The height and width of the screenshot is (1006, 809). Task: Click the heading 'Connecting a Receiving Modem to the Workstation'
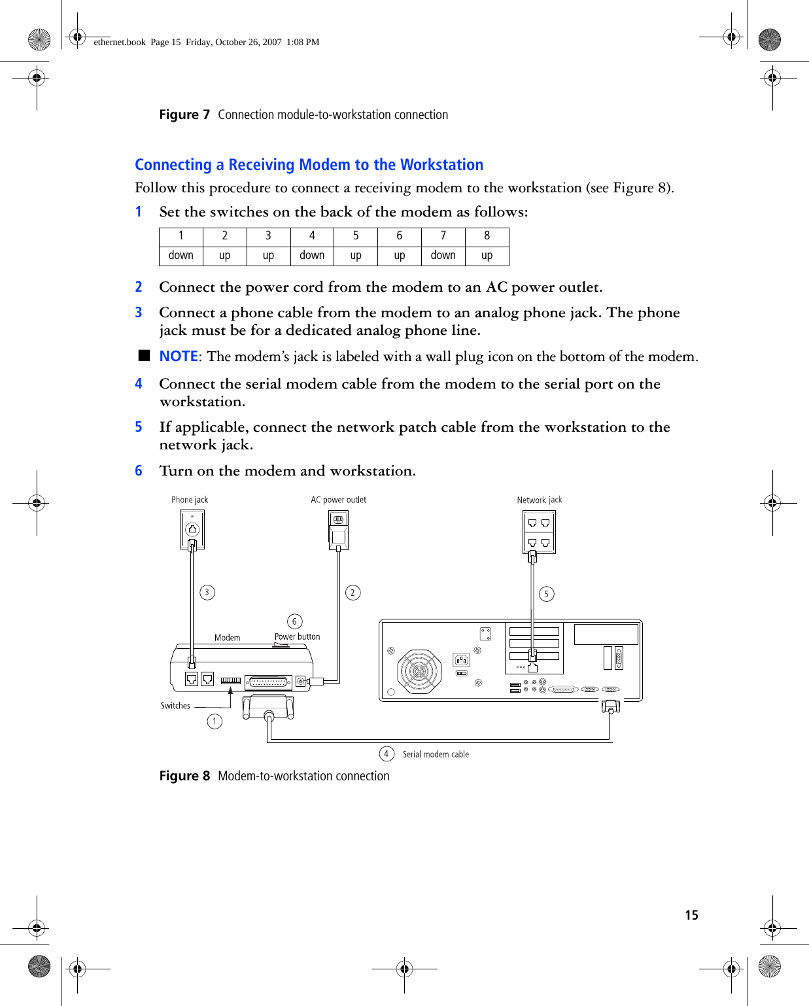tap(309, 165)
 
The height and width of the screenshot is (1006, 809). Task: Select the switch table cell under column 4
tap(312, 255)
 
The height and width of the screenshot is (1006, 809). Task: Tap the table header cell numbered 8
tap(487, 236)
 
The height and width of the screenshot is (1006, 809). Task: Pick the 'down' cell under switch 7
tap(443, 255)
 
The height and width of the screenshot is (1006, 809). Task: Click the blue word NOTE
tap(179, 356)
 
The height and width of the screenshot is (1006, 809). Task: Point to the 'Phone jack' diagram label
tap(190, 500)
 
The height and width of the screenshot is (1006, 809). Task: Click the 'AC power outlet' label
tap(338, 500)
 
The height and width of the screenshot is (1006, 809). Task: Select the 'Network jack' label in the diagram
tap(540, 500)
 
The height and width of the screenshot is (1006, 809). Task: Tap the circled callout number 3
tap(207, 593)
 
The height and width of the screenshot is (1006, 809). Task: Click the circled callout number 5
tap(547, 594)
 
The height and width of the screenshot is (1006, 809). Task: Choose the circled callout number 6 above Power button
tap(294, 621)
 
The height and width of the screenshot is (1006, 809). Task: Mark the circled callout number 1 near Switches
tap(215, 721)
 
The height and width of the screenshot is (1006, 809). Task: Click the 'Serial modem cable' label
tap(436, 754)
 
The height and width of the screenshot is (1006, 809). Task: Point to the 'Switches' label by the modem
tap(175, 706)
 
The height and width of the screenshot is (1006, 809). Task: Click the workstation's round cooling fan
tap(419, 671)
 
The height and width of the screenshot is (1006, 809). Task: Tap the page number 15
tap(691, 915)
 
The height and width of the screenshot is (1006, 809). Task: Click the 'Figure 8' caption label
tap(184, 776)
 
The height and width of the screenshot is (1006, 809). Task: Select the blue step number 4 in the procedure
tap(139, 384)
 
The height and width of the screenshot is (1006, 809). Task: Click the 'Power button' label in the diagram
tap(297, 636)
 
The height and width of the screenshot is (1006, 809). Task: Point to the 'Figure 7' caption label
tap(184, 115)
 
